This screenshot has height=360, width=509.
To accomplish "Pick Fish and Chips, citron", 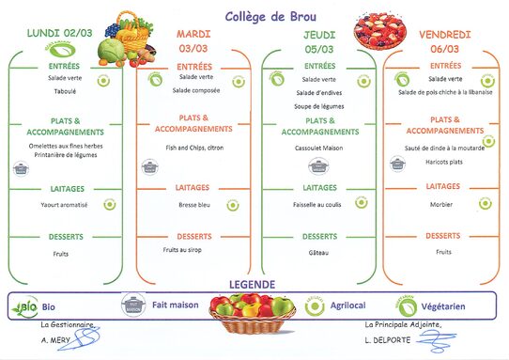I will point(194,147).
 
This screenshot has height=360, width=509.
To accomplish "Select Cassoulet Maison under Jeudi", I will point(319,147).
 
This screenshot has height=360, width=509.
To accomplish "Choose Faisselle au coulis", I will point(319,204).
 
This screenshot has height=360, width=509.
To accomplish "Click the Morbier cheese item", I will point(443,204).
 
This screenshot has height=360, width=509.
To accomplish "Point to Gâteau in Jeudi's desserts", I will point(319,253).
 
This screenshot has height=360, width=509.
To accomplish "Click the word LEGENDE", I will point(252,284).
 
